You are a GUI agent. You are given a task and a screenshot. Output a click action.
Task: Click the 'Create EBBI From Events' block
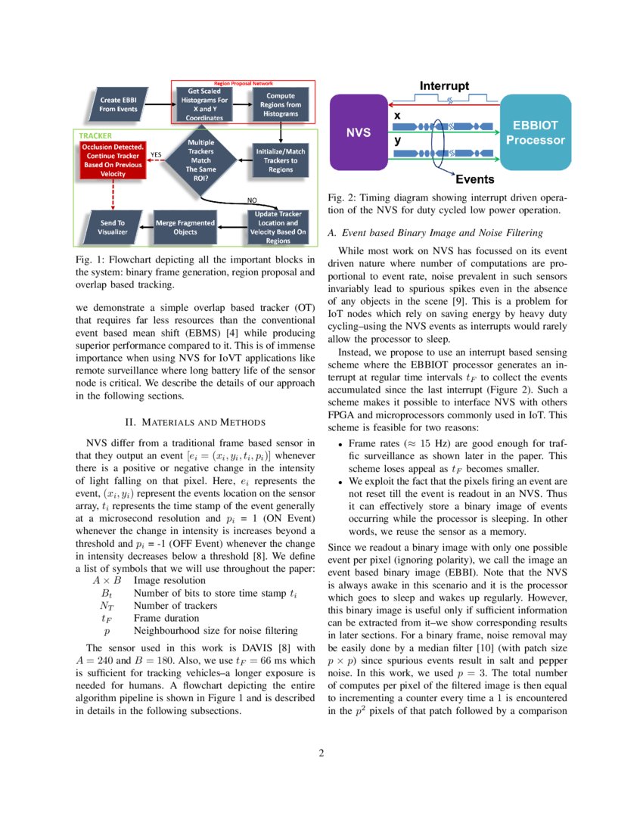(119, 104)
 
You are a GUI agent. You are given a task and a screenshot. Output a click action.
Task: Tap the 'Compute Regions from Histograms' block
(280, 104)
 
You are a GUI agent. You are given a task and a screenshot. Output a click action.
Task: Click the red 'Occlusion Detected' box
(113, 160)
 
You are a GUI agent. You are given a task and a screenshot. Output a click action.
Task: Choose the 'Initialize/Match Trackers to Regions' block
(281, 160)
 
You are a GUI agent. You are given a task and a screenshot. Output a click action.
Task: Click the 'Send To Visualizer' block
(113, 228)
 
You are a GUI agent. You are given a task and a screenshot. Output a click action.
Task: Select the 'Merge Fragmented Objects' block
(185, 228)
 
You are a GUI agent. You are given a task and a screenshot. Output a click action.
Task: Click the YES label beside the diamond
(157, 155)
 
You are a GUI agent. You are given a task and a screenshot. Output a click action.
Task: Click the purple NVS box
(358, 132)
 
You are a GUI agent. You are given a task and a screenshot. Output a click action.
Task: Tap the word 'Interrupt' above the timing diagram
(444, 85)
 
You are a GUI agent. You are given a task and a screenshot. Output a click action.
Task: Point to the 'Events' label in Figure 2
(474, 179)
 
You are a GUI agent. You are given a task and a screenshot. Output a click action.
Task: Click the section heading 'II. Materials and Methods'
(195, 421)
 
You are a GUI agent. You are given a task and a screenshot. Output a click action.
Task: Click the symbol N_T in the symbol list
(106, 605)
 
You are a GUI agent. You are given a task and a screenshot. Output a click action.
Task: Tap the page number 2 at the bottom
(321, 753)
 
